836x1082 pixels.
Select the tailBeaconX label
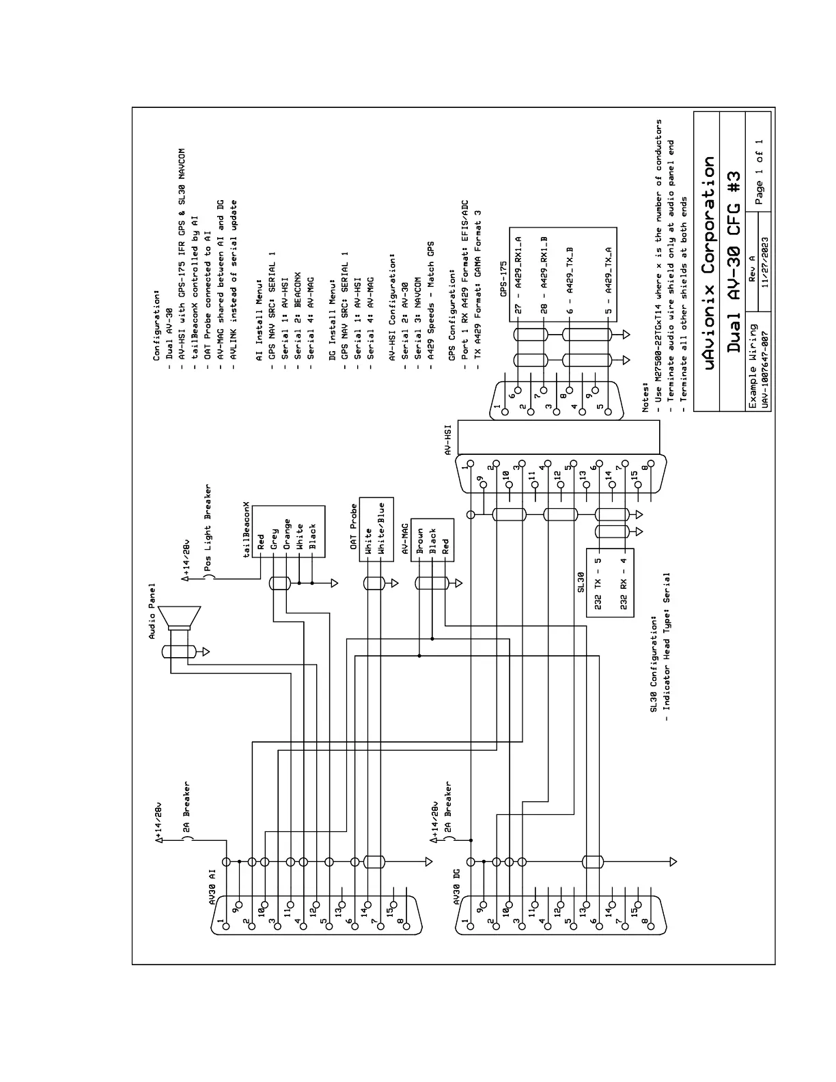pyautogui.click(x=247, y=532)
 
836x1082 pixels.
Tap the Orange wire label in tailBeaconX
pyautogui.click(x=288, y=534)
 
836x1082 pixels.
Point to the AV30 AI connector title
pyautogui.click(x=212, y=886)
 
